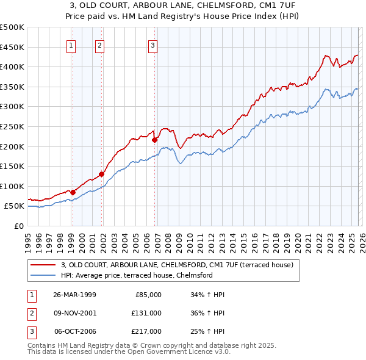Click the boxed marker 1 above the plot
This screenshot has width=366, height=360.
pos(71,45)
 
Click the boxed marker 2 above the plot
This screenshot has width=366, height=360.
pos(99,45)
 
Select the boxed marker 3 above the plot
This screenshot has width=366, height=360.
pos(152,45)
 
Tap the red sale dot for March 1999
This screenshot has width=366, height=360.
pos(73,192)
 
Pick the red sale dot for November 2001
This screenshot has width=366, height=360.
pos(101,174)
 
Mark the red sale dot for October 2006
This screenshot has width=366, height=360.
pos(154,140)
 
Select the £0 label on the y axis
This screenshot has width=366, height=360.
pos(18,226)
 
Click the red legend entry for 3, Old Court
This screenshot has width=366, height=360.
pos(177,265)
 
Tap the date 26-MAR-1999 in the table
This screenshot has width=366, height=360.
pos(74,294)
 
